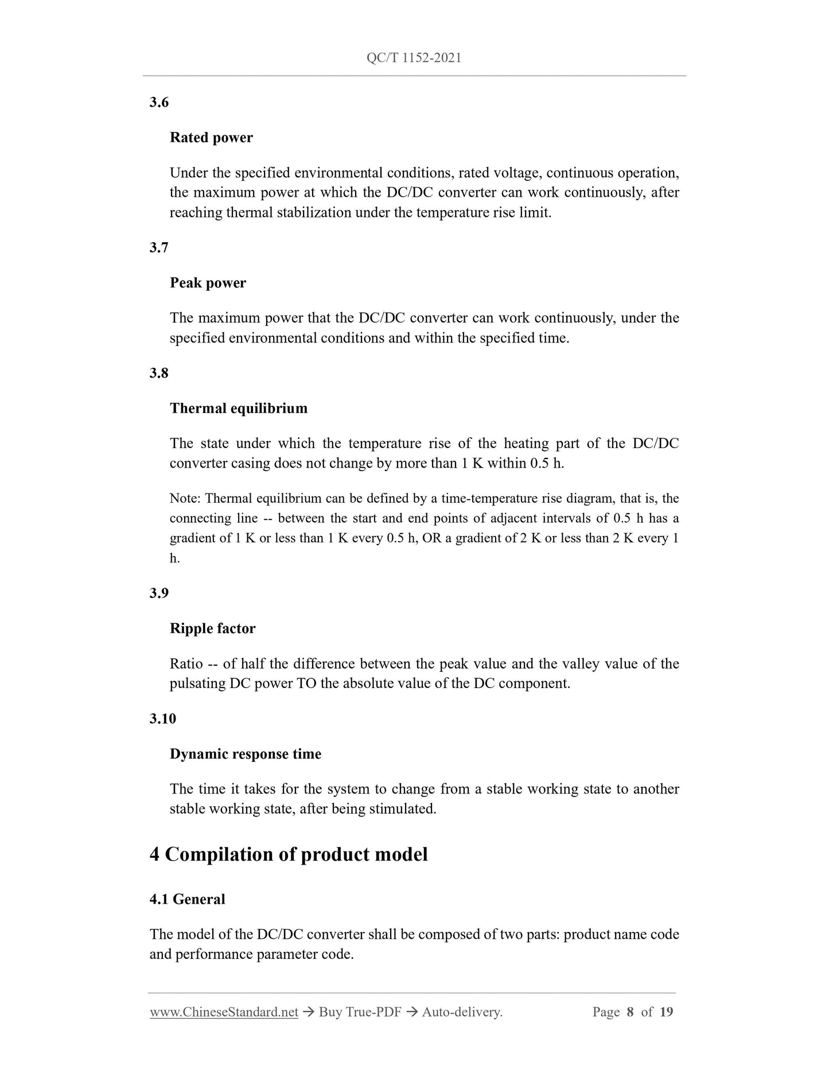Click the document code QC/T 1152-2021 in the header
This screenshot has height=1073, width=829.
(414, 57)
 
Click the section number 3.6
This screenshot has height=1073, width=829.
(159, 103)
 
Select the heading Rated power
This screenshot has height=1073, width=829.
(211, 138)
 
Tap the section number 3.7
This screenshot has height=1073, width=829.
(159, 248)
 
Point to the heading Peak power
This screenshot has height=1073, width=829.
(208, 283)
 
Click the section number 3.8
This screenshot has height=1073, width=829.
(159, 373)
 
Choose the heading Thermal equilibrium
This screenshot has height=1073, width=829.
(239, 409)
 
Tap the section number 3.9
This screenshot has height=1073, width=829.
(159, 593)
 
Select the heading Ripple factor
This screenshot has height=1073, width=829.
(212, 629)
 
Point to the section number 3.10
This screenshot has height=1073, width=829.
(162, 719)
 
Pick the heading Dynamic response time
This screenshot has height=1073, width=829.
(246, 754)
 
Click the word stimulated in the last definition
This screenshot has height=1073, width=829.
(402, 809)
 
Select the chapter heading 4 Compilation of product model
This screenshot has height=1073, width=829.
(289, 855)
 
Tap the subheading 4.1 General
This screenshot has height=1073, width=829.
(187, 899)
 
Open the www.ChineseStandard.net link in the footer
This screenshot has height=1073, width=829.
(224, 1012)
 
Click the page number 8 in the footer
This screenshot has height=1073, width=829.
(630, 1012)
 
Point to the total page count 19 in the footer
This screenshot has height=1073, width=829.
(666, 1012)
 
